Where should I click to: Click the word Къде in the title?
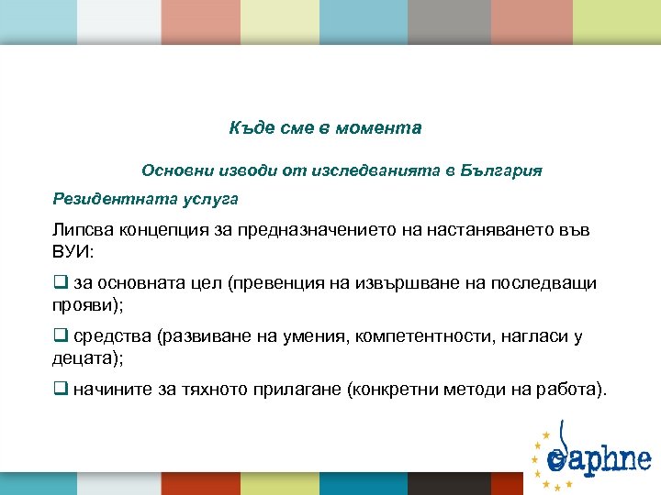[249, 128]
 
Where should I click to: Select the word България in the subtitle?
[503, 170]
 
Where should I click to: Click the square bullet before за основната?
[60, 283]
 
